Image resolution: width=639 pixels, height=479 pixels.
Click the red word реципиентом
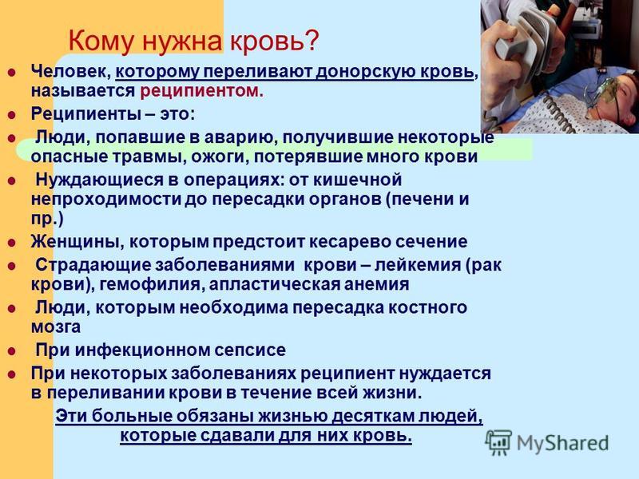tap(202, 91)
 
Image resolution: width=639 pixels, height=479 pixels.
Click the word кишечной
tap(358, 180)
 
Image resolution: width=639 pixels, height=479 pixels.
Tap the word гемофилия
tap(150, 284)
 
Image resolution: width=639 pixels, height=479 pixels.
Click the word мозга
tap(56, 327)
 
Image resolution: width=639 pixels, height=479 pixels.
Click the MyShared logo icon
tap(498, 442)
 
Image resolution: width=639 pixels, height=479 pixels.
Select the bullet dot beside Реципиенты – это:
tap(12, 115)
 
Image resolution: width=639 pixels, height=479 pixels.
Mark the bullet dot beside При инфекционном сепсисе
tap(12, 351)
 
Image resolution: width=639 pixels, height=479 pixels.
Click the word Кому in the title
tap(101, 41)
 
